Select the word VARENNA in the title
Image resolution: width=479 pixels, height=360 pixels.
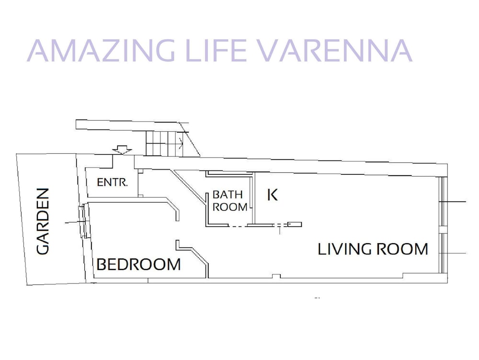(x=335, y=50)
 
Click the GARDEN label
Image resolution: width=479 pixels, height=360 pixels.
(x=43, y=221)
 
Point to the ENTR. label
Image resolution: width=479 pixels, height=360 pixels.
(x=112, y=182)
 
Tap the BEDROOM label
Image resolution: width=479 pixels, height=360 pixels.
(x=139, y=264)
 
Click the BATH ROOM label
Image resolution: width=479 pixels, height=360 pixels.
(x=230, y=201)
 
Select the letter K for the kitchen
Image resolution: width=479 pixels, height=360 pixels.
(x=273, y=195)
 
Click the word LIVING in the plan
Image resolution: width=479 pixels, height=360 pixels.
(x=344, y=249)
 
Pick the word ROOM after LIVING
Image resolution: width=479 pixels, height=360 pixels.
(x=402, y=249)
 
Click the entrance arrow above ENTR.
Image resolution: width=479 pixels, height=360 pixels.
(x=122, y=150)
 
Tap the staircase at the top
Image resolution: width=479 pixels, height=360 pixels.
(x=165, y=144)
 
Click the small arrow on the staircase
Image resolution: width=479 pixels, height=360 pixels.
(x=181, y=142)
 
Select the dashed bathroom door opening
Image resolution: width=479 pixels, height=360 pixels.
(x=238, y=226)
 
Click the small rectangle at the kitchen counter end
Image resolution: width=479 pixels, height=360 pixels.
(x=295, y=225)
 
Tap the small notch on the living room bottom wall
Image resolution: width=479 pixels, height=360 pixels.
(x=276, y=276)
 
